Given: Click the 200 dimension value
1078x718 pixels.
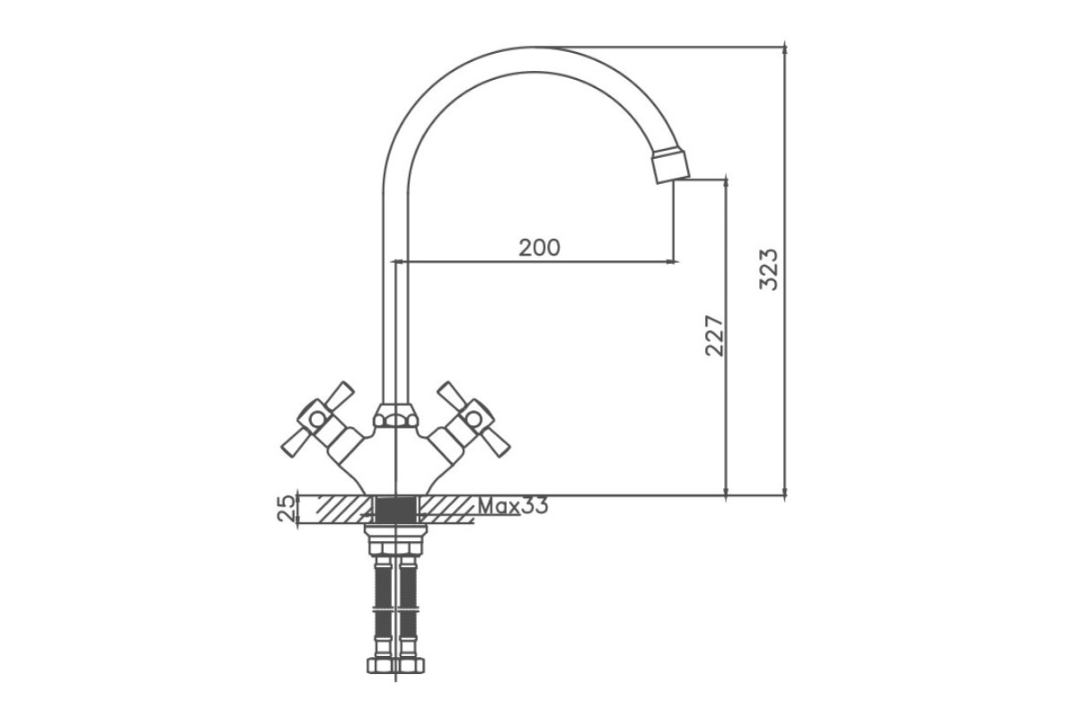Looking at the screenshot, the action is pyautogui.click(x=540, y=248).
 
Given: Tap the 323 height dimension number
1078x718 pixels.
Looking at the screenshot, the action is pyautogui.click(x=769, y=269).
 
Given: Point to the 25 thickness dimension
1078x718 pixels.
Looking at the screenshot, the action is pyautogui.click(x=286, y=509).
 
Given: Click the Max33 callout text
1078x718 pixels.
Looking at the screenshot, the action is pyautogui.click(x=513, y=506).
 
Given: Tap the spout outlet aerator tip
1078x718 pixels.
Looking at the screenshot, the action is pyautogui.click(x=671, y=166).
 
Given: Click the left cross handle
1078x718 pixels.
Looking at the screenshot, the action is pyautogui.click(x=318, y=419).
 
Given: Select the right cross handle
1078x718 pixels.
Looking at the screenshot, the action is pyautogui.click(x=473, y=419).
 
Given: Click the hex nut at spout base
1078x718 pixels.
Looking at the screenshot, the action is pyautogui.click(x=395, y=416).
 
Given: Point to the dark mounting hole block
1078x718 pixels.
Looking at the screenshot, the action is pyautogui.click(x=395, y=510).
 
